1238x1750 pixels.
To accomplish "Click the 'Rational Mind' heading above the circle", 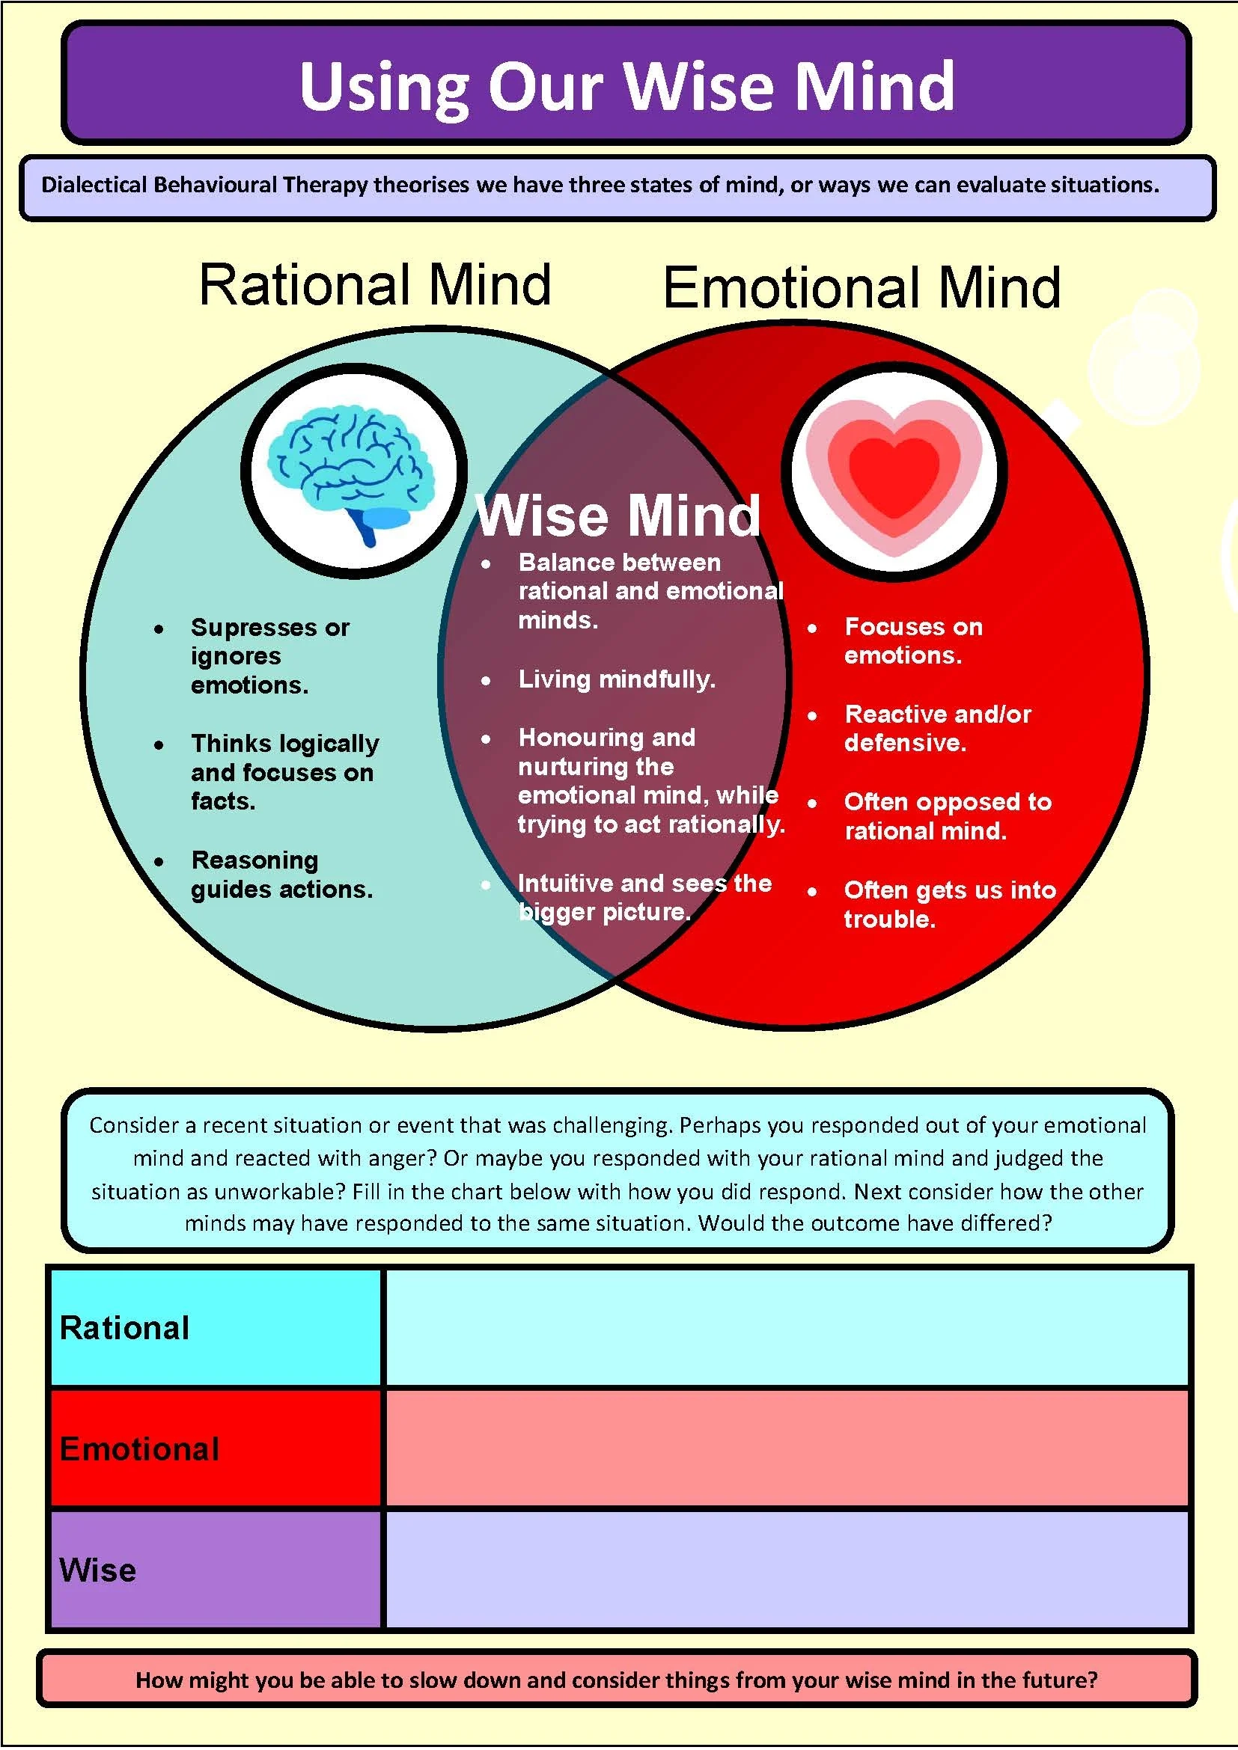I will point(374,284).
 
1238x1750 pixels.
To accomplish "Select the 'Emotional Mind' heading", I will point(862,287).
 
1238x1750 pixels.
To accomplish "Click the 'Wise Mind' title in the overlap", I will point(618,516).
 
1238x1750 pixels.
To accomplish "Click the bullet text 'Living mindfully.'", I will point(616,679).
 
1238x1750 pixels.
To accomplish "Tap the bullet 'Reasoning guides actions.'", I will point(281,874).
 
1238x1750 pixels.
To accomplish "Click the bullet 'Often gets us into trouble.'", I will point(948,904).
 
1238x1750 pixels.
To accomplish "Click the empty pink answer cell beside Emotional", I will point(787,1448).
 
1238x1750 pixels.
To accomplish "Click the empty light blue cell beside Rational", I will point(787,1328).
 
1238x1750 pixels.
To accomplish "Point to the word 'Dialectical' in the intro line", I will point(93,186).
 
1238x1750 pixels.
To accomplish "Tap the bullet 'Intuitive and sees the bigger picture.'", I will point(644,897).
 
